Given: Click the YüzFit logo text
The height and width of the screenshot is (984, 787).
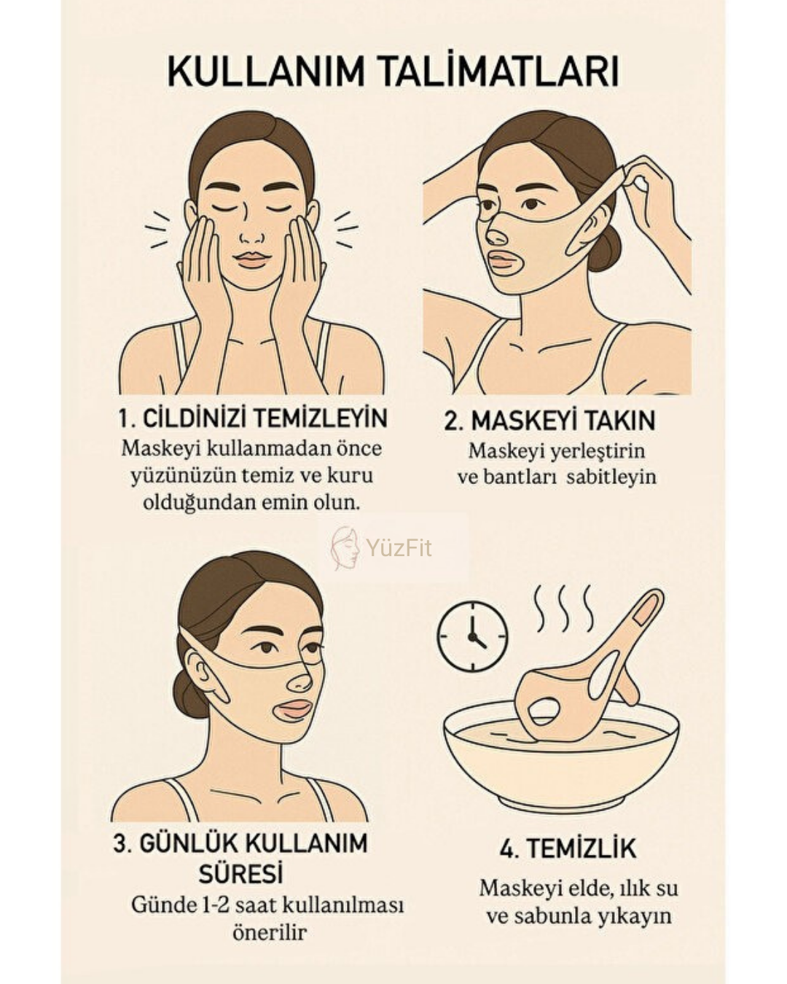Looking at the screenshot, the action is pyautogui.click(x=399, y=547).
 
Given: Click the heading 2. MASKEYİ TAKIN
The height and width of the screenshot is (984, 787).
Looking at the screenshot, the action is pyautogui.click(x=549, y=420).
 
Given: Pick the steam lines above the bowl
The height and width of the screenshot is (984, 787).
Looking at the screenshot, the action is pyautogui.click(x=565, y=608).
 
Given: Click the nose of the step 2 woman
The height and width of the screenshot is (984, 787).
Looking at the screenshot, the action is pyautogui.click(x=496, y=235).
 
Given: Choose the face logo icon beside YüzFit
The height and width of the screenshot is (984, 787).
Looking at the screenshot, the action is pyautogui.click(x=345, y=548).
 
